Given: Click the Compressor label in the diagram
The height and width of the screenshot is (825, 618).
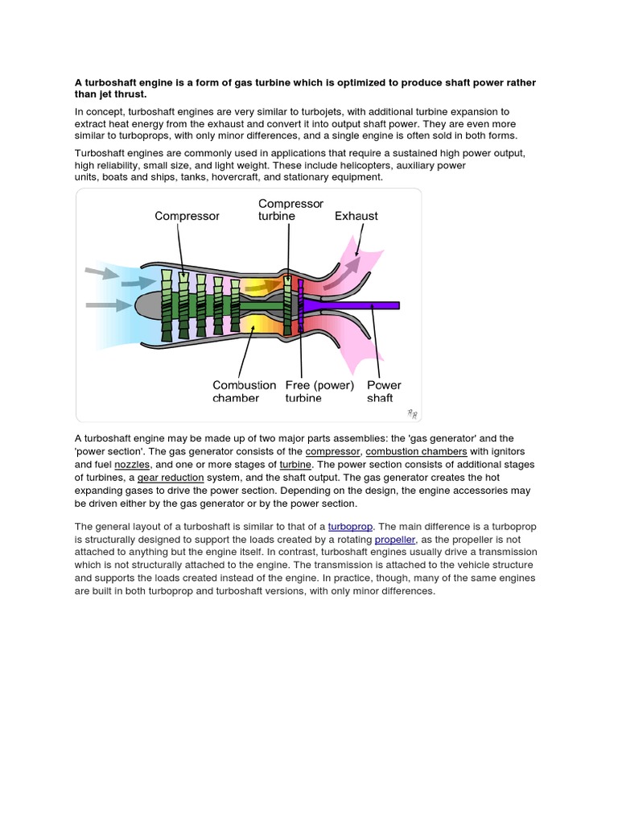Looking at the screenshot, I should pyautogui.click(x=187, y=216).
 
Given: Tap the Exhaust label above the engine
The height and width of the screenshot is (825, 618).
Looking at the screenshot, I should pyautogui.click(x=356, y=216).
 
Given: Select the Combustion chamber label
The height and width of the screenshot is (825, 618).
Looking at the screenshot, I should pyautogui.click(x=244, y=392).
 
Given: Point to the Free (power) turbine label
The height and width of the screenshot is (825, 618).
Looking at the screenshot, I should pyautogui.click(x=319, y=392).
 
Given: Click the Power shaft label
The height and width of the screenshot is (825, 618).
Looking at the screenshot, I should pyautogui.click(x=384, y=392).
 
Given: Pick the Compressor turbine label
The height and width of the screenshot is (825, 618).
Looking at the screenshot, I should pyautogui.click(x=290, y=209).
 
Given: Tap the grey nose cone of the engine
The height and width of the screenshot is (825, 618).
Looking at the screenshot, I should pyautogui.click(x=149, y=305).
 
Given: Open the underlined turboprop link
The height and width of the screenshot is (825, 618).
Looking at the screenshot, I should pyautogui.click(x=350, y=526).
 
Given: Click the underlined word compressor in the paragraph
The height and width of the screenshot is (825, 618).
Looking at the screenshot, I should pyautogui.click(x=334, y=452).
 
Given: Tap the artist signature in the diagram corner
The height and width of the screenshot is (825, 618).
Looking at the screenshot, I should pyautogui.click(x=411, y=413).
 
